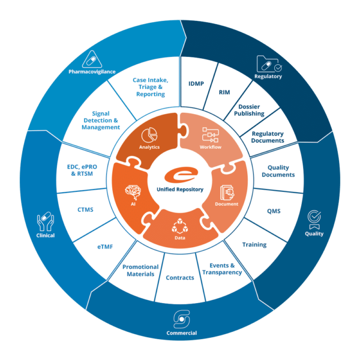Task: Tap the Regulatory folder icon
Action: click(267, 64)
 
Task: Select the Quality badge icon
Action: click(314, 218)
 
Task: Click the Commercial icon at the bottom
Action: click(181, 317)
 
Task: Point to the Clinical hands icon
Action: click(46, 221)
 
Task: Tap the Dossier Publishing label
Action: click(249, 110)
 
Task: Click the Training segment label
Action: click(254, 245)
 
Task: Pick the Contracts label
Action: click(179, 278)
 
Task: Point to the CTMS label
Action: click(85, 210)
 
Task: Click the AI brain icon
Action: click(133, 192)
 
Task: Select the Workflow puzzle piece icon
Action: click(211, 133)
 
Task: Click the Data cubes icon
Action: click(180, 227)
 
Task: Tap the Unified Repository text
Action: click(180, 190)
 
